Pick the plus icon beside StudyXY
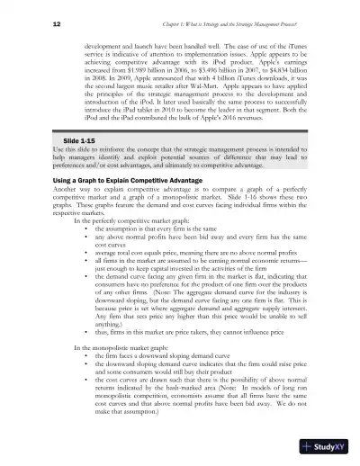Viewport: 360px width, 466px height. pos(308,444)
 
